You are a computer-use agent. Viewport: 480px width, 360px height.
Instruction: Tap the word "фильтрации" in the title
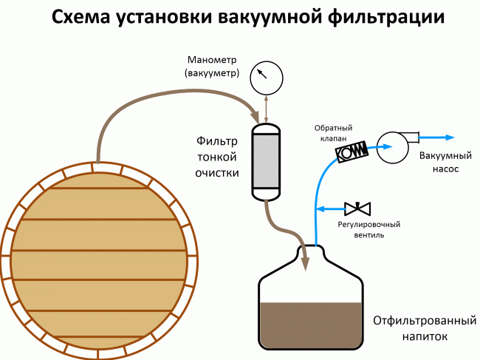tap(391, 17)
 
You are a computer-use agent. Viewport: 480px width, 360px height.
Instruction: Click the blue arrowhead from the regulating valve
tap(320, 206)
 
